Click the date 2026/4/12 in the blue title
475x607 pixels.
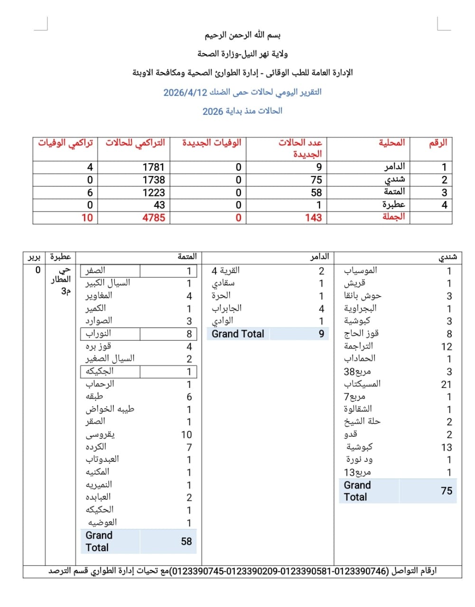[186, 92]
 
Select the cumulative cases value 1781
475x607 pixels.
[153, 167]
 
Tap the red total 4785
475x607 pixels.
[153, 218]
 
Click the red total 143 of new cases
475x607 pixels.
[313, 218]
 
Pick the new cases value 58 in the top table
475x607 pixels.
[316, 193]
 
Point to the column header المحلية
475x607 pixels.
[391, 143]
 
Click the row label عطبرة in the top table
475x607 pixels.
[393, 205]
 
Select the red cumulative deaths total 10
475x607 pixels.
[87, 218]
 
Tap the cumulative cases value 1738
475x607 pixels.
[153, 180]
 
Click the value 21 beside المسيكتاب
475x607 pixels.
[446, 385]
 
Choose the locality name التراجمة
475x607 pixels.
[358, 346]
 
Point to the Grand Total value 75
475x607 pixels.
[446, 491]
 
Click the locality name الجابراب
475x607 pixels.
[226, 308]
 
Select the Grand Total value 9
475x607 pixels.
[321, 334]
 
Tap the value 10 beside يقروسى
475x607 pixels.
[186, 435]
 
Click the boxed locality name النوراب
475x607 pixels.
[98, 333]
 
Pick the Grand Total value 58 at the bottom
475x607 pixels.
[186, 542]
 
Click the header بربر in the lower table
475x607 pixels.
[34, 257]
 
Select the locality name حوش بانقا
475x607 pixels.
[363, 295]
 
